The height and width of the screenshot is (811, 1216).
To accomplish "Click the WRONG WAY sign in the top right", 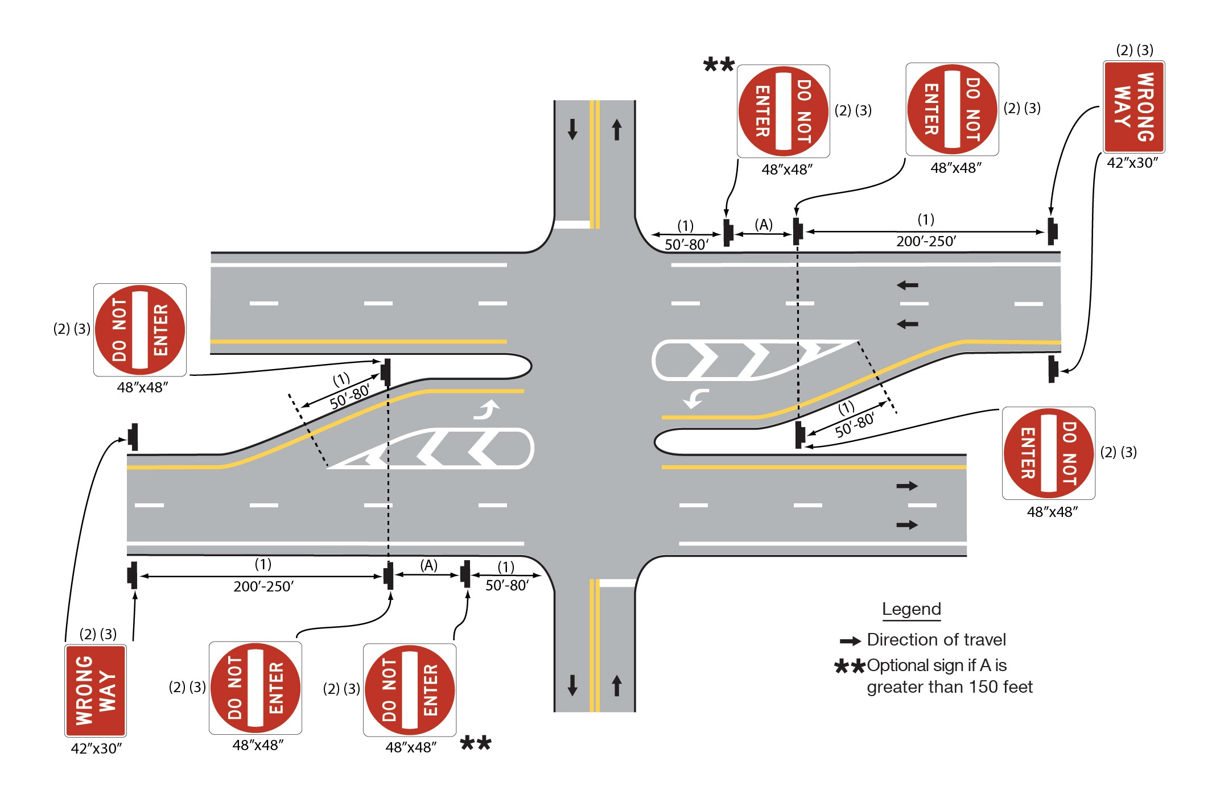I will [x=1133, y=107].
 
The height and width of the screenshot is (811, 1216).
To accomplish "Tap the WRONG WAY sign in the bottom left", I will [x=96, y=690].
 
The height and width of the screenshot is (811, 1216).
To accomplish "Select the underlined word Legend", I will [x=911, y=609].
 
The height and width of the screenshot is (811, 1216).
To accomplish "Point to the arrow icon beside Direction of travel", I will [x=850, y=641].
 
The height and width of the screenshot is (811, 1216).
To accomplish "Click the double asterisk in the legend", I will [x=849, y=667].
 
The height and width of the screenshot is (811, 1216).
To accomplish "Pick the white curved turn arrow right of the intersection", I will [x=696, y=398].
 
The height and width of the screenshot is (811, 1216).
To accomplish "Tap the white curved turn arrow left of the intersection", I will [x=487, y=409].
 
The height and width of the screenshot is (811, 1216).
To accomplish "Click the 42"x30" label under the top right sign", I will [x=1132, y=163].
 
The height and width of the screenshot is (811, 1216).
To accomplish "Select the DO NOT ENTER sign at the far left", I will [x=140, y=330].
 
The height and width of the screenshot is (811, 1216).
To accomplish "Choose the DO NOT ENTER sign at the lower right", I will [x=1048, y=453].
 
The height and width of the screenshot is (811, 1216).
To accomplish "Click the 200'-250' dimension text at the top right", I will [x=926, y=242].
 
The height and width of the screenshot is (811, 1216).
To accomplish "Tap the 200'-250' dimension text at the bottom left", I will [x=263, y=586].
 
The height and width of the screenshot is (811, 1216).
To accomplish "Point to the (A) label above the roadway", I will [x=764, y=225].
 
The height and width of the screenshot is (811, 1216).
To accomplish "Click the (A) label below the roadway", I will [x=428, y=565].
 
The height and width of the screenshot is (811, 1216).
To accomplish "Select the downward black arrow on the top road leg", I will [x=572, y=129].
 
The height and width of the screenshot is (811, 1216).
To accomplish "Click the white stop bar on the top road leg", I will [x=572, y=225].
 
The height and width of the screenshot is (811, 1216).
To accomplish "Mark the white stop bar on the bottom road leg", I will [x=617, y=583].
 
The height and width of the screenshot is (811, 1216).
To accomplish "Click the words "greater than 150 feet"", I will [x=949, y=687].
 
